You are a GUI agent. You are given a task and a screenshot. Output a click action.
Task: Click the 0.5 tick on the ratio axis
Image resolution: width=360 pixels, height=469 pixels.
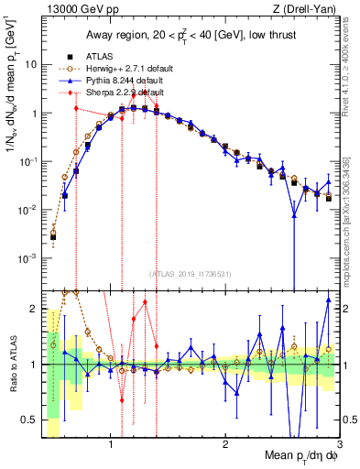29,420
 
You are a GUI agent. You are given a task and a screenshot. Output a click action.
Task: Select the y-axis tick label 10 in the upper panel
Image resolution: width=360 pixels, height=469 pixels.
30,65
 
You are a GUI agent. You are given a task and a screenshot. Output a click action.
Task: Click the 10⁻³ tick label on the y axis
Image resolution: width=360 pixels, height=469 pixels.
28,258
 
